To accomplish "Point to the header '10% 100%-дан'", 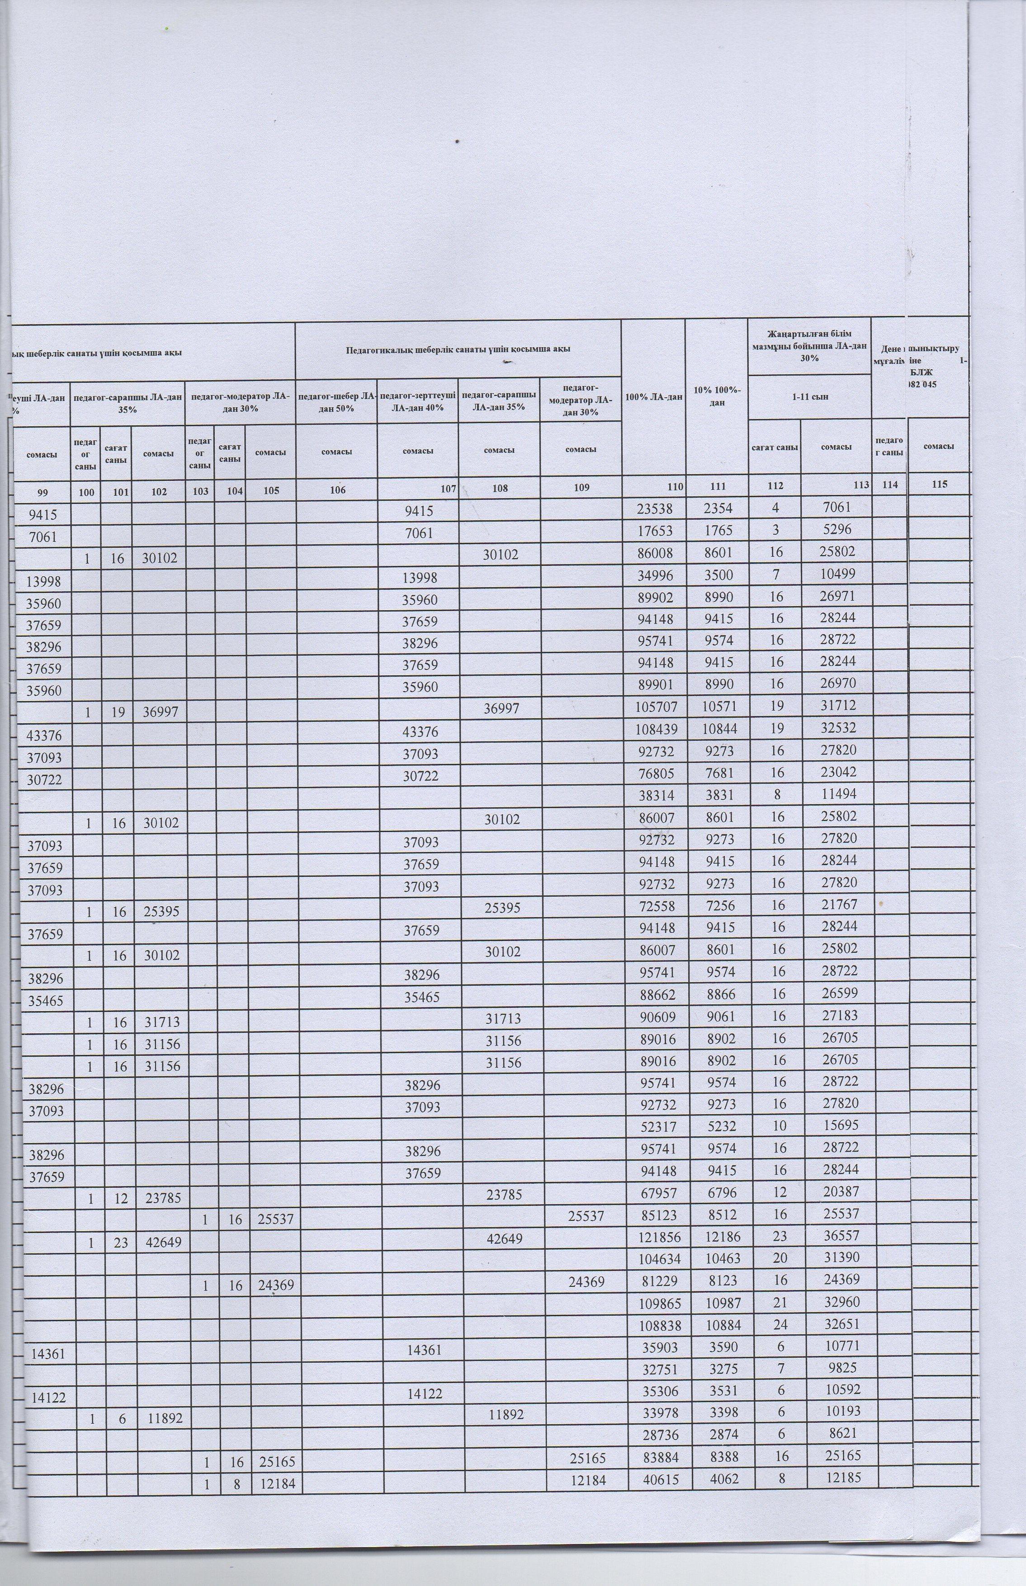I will pos(716,397).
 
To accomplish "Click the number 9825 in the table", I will pos(837,1348).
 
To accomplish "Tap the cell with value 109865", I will pos(652,1303).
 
